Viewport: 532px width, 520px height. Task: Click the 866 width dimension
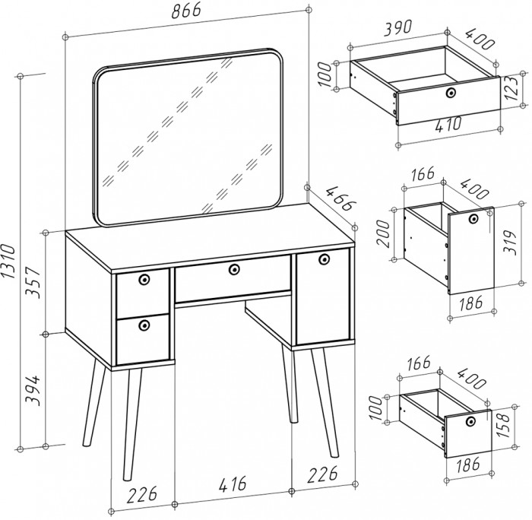(186, 11)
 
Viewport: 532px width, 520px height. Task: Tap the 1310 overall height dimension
(8, 261)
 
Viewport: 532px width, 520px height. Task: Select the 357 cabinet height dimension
(34, 282)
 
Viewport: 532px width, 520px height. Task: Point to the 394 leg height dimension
(34, 390)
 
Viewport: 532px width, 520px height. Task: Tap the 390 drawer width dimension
(398, 28)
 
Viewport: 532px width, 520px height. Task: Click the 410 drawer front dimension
(448, 125)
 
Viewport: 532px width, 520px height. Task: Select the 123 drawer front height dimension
(511, 88)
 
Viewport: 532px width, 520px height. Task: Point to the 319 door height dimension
(509, 243)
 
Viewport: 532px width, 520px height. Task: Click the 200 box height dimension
(384, 234)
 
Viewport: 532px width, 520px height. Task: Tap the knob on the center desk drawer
(234, 270)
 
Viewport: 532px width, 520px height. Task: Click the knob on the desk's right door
(324, 258)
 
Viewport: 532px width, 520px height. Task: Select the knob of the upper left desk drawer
(144, 279)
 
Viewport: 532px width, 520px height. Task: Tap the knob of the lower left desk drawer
(144, 325)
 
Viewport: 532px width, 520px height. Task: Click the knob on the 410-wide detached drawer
(451, 92)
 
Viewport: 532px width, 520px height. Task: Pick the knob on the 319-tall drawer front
(473, 218)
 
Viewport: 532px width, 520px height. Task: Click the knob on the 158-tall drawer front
(470, 421)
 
